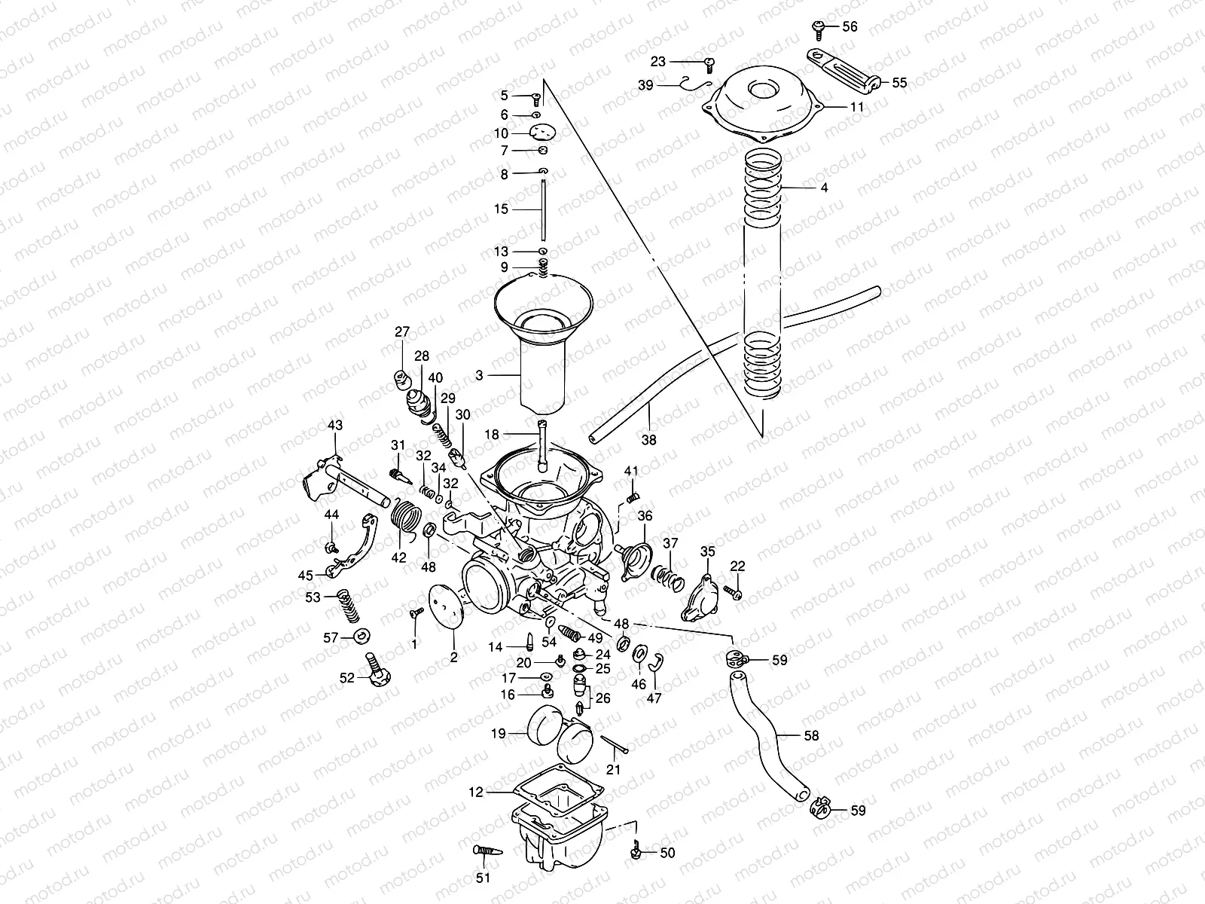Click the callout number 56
point(850,26)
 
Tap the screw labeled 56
point(819,27)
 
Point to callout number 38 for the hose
point(649,439)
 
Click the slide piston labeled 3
point(543,369)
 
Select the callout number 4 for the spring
point(824,188)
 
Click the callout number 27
point(402,332)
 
